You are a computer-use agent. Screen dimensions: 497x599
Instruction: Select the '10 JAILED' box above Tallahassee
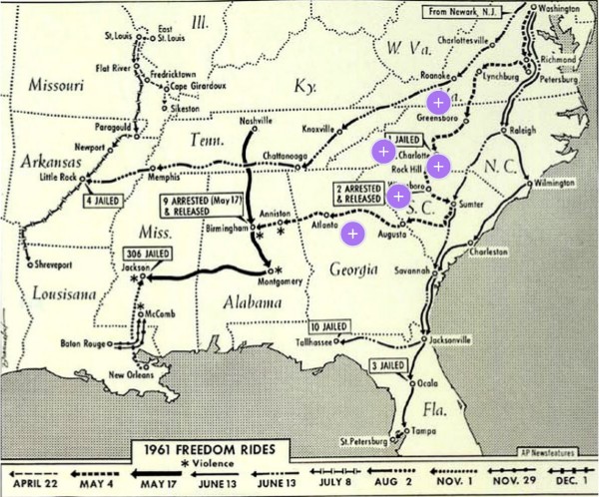[327, 326]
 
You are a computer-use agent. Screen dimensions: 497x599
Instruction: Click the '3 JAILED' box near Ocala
[388, 366]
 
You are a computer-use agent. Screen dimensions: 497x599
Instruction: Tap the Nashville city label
[257, 120]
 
